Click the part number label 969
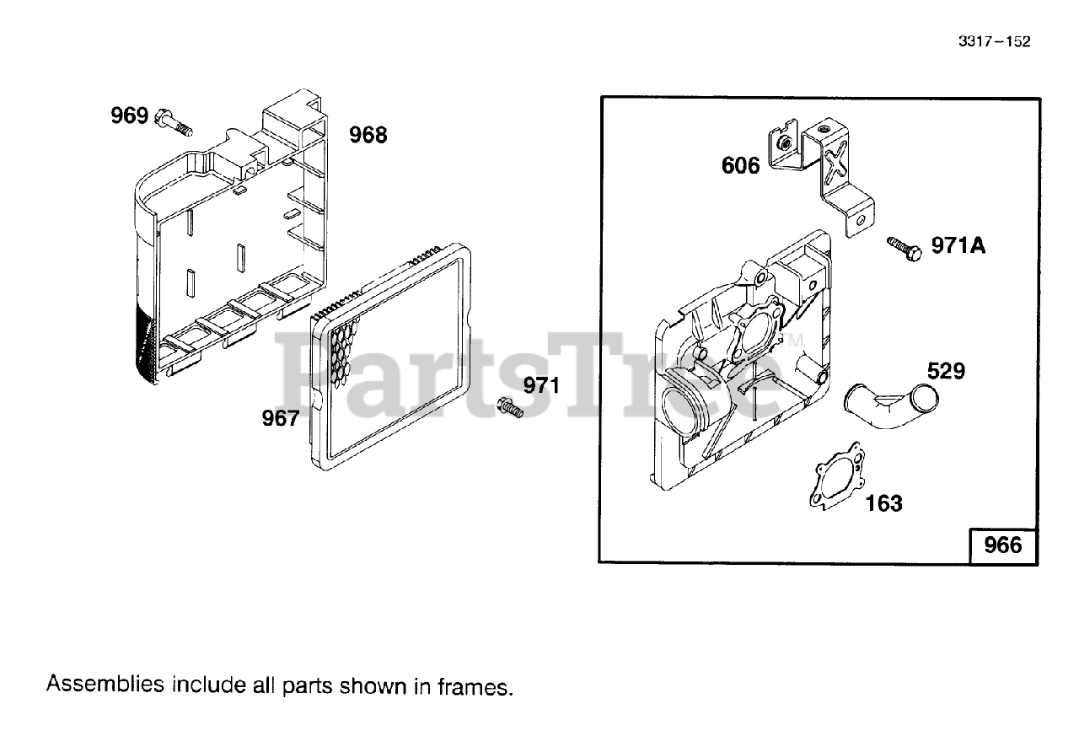pyautogui.click(x=130, y=115)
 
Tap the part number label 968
pyautogui.click(x=368, y=135)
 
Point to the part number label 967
pyautogui.click(x=280, y=417)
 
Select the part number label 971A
pyautogui.click(x=958, y=245)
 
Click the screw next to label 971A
pyautogui.click(x=903, y=248)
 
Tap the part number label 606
pyautogui.click(x=740, y=165)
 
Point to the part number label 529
pyautogui.click(x=946, y=371)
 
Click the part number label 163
pyautogui.click(x=883, y=503)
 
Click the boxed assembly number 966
pyautogui.click(x=1003, y=545)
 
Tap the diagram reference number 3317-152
pyautogui.click(x=994, y=42)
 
